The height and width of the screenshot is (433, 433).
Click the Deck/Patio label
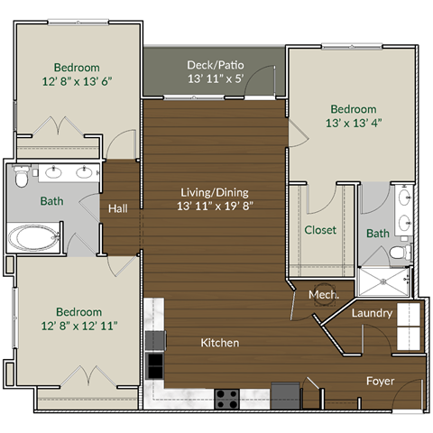(x=215, y=65)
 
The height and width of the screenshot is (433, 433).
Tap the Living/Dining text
(x=214, y=192)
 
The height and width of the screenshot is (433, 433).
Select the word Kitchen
(x=219, y=343)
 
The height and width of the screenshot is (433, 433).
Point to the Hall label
(x=117, y=208)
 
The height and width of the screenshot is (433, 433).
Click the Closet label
(x=319, y=230)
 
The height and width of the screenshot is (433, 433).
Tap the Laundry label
(x=371, y=313)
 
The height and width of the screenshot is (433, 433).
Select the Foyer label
(x=380, y=381)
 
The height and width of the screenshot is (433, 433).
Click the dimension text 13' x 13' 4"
(x=347, y=124)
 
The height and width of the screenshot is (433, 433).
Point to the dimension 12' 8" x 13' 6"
(x=77, y=81)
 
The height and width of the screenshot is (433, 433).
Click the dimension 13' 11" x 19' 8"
(x=214, y=207)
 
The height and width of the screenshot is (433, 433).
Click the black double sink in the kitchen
(x=155, y=352)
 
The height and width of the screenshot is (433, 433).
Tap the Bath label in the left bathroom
(x=51, y=201)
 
